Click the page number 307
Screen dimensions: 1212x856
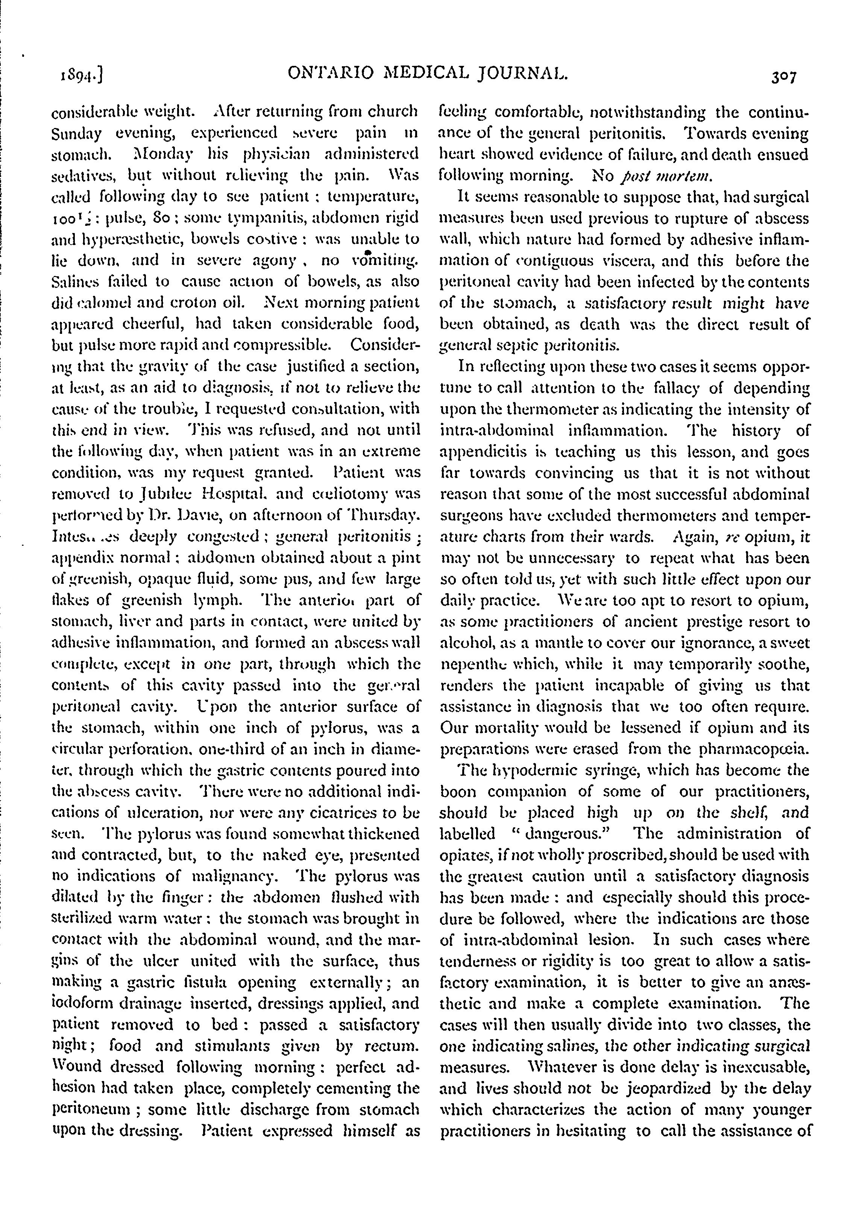point(783,77)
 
